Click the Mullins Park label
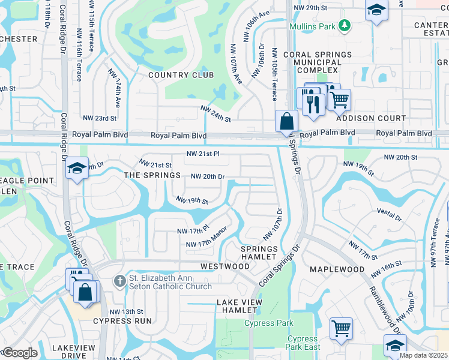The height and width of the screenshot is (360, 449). tap(312, 27)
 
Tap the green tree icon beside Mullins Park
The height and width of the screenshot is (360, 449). tap(344, 25)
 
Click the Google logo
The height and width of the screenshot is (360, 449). tap(19, 353)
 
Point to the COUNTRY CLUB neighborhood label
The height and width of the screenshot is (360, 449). tap(181, 75)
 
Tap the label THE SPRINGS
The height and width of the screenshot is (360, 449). tap(152, 175)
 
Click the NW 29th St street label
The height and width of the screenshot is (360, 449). tap(312, 8)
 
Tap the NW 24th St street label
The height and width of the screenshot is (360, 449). tap(215, 115)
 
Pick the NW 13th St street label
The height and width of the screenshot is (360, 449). tap(126, 311)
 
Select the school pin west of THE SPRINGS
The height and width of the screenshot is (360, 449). tap(77, 168)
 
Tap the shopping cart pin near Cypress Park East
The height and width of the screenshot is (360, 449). tap(341, 329)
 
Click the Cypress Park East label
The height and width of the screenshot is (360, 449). tap(303, 343)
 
